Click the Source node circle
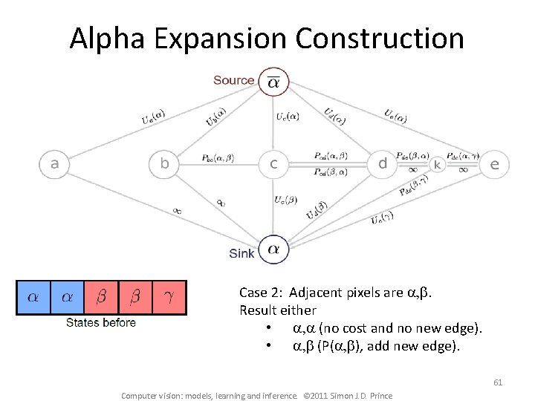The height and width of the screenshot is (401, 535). point(274,82)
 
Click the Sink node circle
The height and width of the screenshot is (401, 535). point(274,249)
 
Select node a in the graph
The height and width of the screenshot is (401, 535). point(54,164)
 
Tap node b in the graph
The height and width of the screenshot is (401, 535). point(164,164)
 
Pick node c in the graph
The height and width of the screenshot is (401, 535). point(274,164)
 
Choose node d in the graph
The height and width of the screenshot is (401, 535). point(383,164)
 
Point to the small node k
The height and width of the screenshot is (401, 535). point(438,164)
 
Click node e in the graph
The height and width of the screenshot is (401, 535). point(494,164)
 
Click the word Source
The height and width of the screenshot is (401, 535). point(233,80)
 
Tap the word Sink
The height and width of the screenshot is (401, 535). point(241,254)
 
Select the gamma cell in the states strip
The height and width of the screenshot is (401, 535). point(169,297)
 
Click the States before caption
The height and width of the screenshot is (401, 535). point(101,322)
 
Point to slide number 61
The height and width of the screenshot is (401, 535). point(498,382)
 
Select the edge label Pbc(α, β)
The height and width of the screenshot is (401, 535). point(218,158)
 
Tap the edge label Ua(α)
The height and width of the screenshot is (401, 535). point(154,117)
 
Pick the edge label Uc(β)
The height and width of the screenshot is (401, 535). point(286,200)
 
